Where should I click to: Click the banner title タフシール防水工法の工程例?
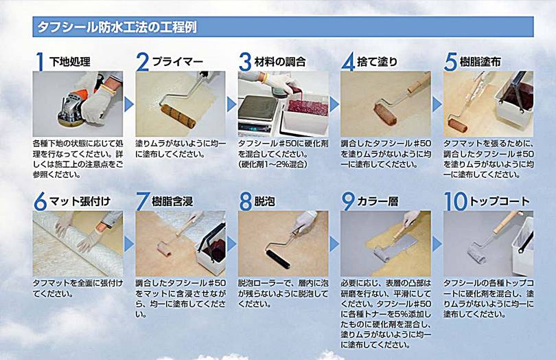[117, 27]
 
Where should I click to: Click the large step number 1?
[40, 62]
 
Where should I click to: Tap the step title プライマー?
[178, 62]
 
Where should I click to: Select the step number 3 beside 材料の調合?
[245, 62]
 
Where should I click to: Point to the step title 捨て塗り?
[378, 62]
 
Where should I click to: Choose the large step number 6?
[40, 202]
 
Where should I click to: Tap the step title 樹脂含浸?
[172, 202]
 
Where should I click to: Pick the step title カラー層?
[378, 202]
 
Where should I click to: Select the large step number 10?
[456, 202]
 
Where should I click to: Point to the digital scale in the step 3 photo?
[258, 113]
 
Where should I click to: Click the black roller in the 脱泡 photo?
[278, 258]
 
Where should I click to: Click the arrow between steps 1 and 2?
[129, 104]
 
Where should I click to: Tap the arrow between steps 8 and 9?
[334, 245]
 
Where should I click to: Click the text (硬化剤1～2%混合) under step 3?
[273, 164]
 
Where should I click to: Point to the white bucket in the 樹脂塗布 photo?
[514, 100]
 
